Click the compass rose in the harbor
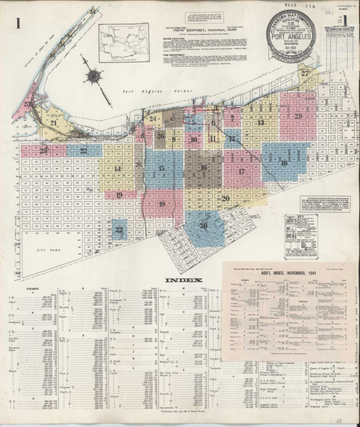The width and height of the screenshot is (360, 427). (x=92, y=73)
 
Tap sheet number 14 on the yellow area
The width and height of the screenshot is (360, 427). (x=118, y=169)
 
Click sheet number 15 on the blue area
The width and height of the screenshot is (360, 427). (x=162, y=169)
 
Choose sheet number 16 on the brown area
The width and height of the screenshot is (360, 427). (x=203, y=169)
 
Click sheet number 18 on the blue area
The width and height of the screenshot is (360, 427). (x=284, y=164)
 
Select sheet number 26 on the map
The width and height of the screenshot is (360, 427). (x=162, y=137)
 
